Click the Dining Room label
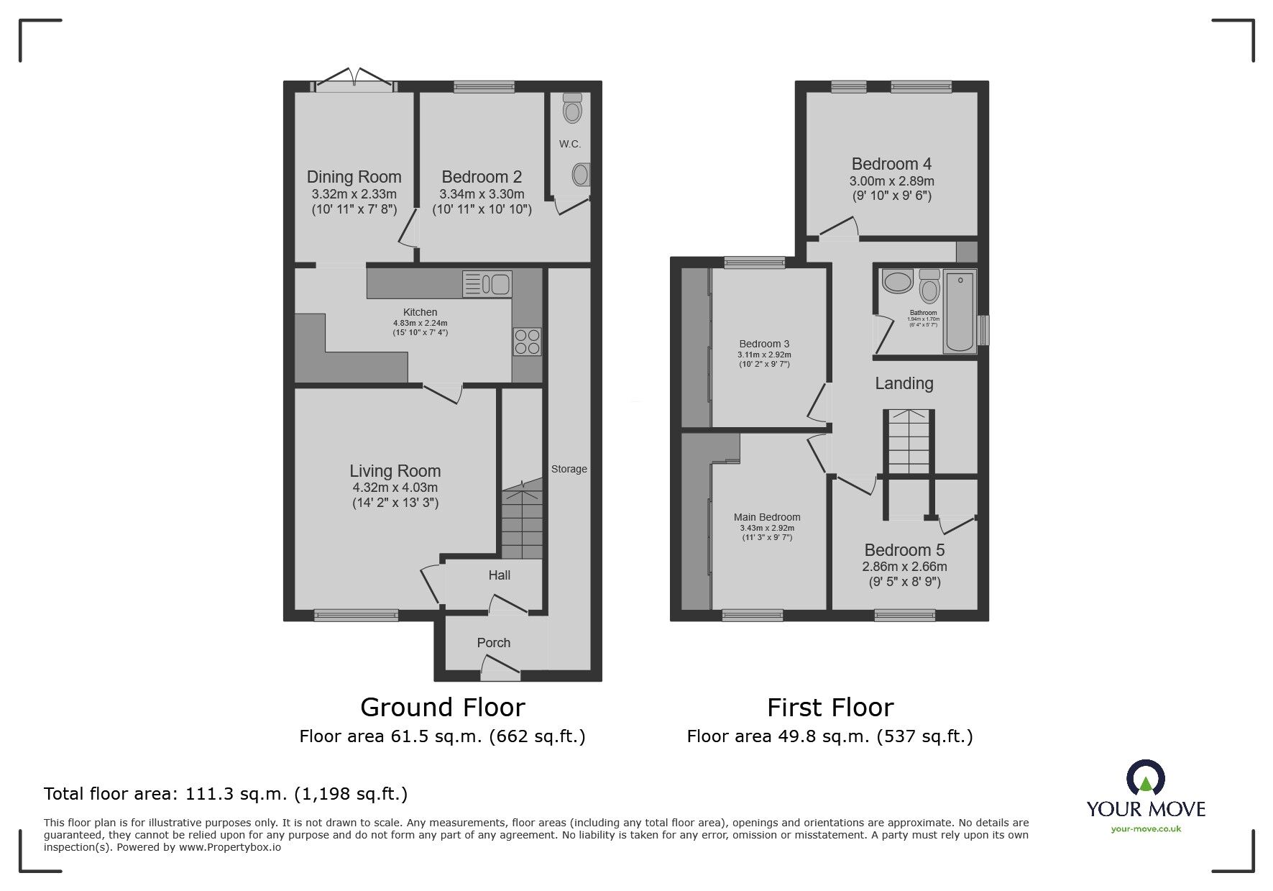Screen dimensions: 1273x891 click(x=354, y=177)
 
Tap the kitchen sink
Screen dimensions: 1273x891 click(x=487, y=283)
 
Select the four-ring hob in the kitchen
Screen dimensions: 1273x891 click(x=527, y=341)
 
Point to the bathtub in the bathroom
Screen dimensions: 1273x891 click(x=960, y=311)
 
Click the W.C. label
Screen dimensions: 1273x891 click(x=570, y=144)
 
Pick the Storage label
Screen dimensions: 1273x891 click(x=569, y=469)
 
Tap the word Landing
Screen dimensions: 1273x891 click(x=904, y=384)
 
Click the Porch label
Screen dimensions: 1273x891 click(x=494, y=643)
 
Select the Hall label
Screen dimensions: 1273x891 click(x=500, y=575)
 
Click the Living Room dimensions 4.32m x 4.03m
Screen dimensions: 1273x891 click(x=395, y=488)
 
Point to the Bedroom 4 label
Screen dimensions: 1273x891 click(x=891, y=164)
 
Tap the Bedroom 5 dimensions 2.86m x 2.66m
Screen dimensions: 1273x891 click(x=905, y=567)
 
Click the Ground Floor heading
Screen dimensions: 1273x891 click(x=443, y=708)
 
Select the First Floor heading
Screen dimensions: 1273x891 click(x=830, y=708)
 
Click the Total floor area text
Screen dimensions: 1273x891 click(x=226, y=794)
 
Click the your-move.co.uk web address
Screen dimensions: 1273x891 click(x=1146, y=829)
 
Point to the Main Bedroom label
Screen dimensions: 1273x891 click(x=767, y=517)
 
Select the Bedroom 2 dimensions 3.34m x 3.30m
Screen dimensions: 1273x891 click(x=482, y=194)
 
